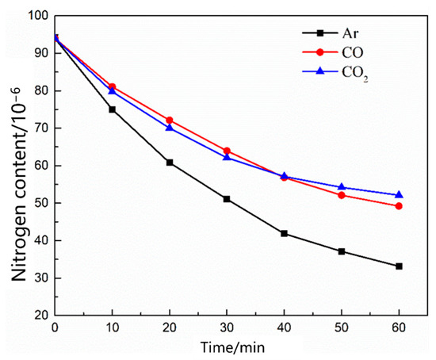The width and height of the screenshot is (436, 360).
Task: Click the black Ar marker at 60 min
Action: click(x=399, y=266)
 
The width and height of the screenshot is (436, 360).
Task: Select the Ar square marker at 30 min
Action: click(x=227, y=199)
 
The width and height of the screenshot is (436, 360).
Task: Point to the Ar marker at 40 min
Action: click(x=284, y=233)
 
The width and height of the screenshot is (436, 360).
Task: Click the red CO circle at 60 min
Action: click(x=399, y=206)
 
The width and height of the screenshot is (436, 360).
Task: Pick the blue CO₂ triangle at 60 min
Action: click(x=399, y=194)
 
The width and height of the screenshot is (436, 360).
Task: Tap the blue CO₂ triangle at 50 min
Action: click(x=342, y=187)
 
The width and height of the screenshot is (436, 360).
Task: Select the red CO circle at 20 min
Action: click(x=170, y=121)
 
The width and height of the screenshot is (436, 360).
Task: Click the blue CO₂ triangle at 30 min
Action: click(x=227, y=157)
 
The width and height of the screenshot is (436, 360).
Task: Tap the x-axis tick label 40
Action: click(x=284, y=327)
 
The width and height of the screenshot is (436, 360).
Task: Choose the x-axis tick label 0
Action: click(x=55, y=327)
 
